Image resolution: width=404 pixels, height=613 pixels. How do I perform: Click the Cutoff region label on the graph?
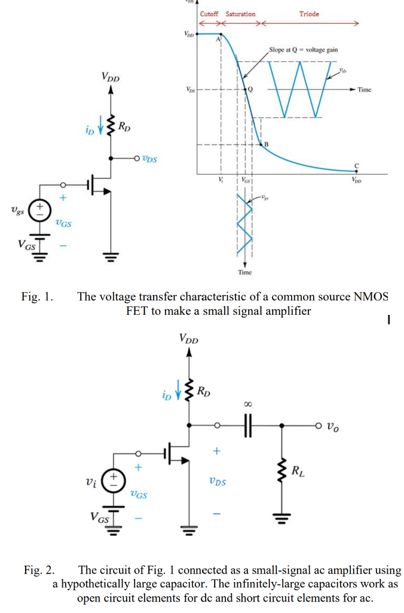[x=209, y=14]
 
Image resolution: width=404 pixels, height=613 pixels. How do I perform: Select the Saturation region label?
[x=240, y=14]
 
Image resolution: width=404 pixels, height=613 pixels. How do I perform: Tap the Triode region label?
[x=309, y=14]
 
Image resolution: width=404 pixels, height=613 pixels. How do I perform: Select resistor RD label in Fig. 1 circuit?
[x=125, y=126]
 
